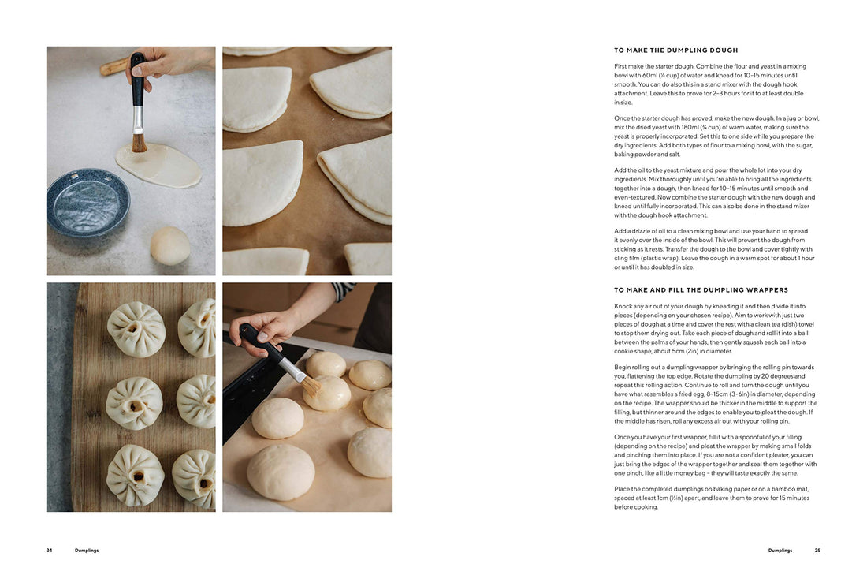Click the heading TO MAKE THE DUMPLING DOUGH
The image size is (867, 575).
[675, 50]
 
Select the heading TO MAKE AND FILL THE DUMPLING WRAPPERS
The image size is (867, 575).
[701, 290]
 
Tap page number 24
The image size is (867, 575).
[49, 551]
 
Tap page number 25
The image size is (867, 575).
[817, 551]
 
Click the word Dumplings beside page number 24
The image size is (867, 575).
[87, 551]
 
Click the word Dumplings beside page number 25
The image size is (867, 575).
[780, 551]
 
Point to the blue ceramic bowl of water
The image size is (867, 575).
[87, 203]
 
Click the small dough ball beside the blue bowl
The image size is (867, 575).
[170, 245]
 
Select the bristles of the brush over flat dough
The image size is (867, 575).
[139, 143]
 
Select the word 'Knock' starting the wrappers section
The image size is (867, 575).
[623, 306]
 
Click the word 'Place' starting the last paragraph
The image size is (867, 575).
[622, 489]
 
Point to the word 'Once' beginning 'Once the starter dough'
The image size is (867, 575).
[622, 118]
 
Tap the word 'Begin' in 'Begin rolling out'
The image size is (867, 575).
[623, 367]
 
